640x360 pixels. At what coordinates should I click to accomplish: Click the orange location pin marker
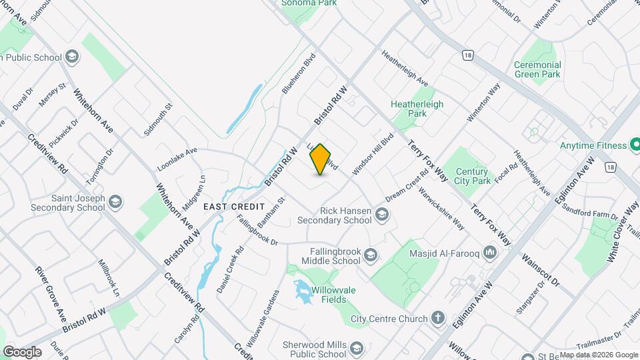click(321, 159)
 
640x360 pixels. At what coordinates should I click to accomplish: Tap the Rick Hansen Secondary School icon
click(382, 214)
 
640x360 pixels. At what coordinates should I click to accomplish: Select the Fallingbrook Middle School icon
click(371, 254)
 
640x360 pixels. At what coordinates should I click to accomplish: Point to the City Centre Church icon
click(438, 318)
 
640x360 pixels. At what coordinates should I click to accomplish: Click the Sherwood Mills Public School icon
click(357, 349)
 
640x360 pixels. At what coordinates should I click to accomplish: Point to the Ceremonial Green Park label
click(537, 69)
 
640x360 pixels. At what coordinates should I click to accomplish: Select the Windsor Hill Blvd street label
click(373, 154)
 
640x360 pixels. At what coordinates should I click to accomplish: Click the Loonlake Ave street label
click(177, 152)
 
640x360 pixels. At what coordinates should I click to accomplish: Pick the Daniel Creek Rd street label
click(231, 270)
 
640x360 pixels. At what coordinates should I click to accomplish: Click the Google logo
click(22, 351)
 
